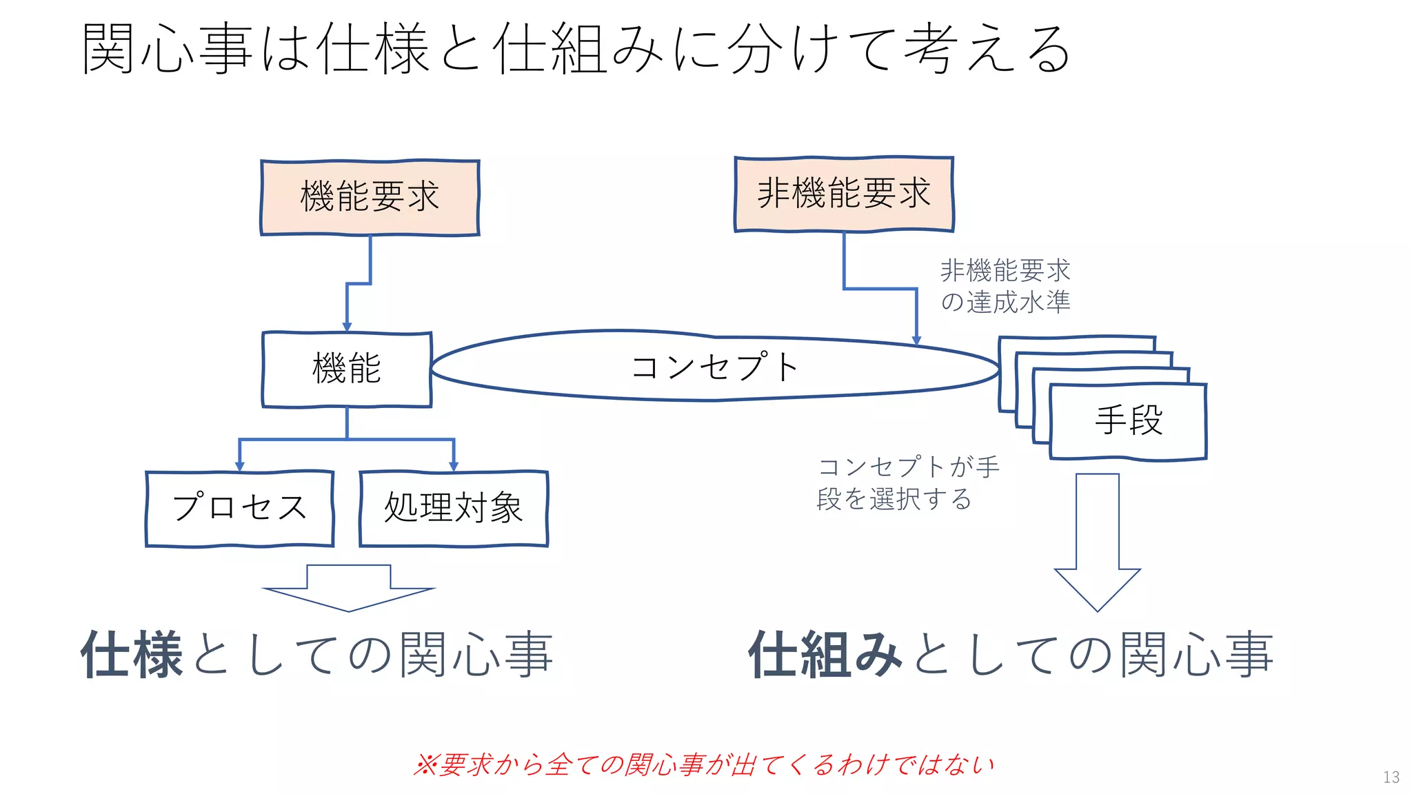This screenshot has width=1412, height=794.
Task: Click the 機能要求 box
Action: (x=370, y=198)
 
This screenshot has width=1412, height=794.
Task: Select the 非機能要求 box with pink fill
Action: (x=844, y=194)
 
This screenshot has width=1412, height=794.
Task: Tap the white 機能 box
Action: (x=347, y=369)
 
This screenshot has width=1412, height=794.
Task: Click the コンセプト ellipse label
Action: (x=714, y=367)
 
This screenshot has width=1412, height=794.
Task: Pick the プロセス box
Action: (x=239, y=509)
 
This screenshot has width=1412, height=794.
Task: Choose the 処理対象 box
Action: (x=454, y=509)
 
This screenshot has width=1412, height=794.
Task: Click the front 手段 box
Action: (x=1128, y=421)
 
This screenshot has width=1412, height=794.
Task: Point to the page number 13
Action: (x=1391, y=777)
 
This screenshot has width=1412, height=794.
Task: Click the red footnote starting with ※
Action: (x=703, y=764)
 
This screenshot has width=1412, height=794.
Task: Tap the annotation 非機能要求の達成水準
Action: (x=1005, y=286)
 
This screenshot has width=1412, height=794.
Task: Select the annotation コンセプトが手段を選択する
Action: (x=907, y=482)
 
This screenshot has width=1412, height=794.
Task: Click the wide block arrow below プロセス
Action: (x=348, y=588)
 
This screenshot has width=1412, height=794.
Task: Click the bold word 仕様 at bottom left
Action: (x=132, y=654)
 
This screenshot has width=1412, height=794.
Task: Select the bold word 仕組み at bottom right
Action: (x=825, y=654)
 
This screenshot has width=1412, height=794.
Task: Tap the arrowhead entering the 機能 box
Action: (x=347, y=327)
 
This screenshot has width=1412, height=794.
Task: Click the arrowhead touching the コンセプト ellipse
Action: (x=916, y=340)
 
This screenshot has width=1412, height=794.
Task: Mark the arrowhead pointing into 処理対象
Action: (x=454, y=467)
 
